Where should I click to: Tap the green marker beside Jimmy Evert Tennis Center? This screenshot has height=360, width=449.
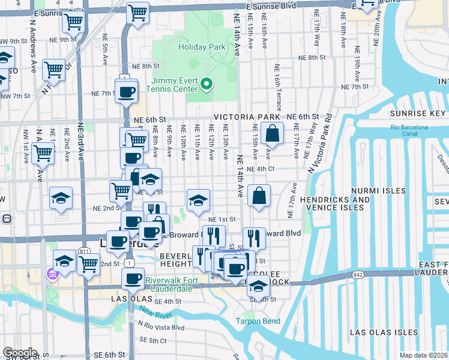coord(206,85)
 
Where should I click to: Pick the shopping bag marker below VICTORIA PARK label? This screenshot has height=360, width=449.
coord(272,134)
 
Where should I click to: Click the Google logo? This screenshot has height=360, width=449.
coord(19,353)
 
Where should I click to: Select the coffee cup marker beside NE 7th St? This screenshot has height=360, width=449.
coord(126,92)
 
